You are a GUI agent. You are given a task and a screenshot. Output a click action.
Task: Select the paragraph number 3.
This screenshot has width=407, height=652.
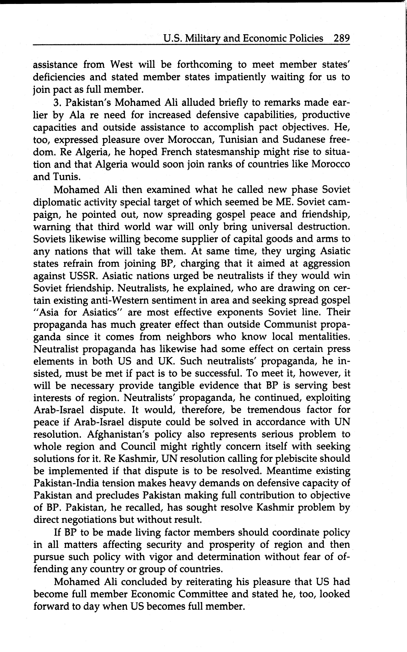click(57, 103)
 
